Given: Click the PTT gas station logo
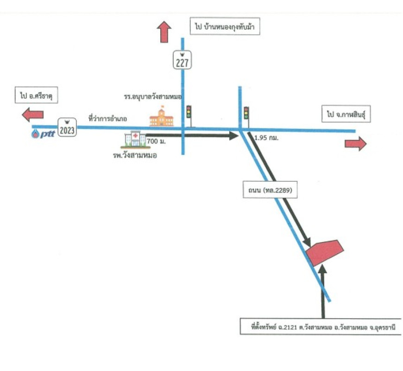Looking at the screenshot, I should tap(43, 134).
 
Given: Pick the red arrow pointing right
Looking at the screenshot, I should tap(355, 144).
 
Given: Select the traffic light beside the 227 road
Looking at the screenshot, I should tap(189, 114).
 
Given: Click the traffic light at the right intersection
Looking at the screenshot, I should tap(246, 114).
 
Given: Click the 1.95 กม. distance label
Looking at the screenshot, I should tap(266, 138).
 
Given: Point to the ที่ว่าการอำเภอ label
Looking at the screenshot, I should tap(108, 119).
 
